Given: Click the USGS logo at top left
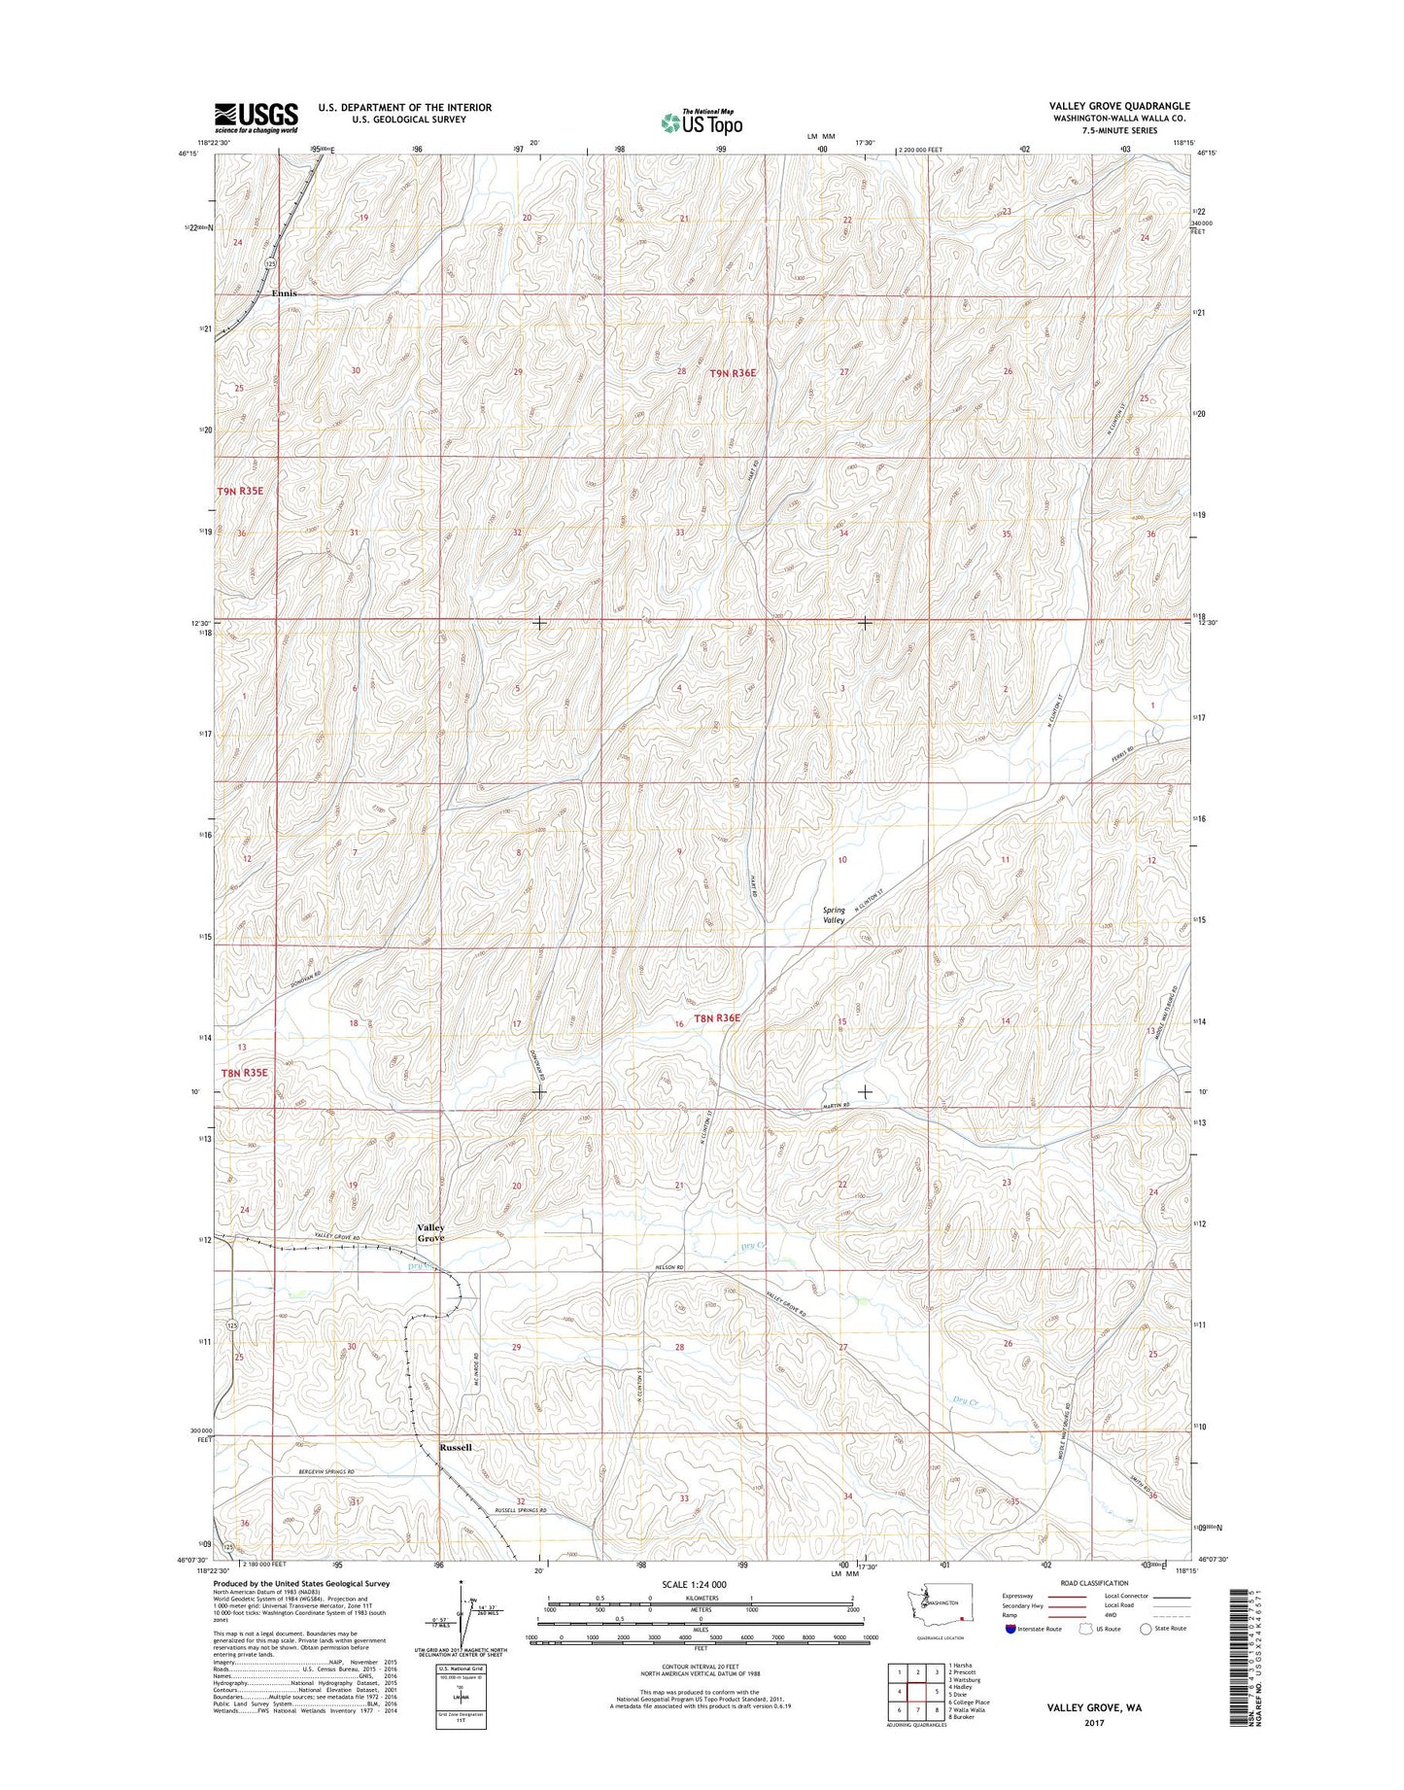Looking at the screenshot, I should (257, 118).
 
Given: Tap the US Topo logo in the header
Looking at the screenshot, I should (702, 122).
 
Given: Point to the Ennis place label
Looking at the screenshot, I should (284, 293).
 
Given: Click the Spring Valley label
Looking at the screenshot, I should (835, 914).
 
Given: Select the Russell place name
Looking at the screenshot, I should (456, 1447).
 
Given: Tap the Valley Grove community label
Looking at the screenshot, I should (431, 1233).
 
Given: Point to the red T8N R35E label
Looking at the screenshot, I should (244, 1072).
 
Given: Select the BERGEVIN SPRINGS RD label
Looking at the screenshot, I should (319, 1472).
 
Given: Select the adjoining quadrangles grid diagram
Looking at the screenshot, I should (918, 1683).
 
